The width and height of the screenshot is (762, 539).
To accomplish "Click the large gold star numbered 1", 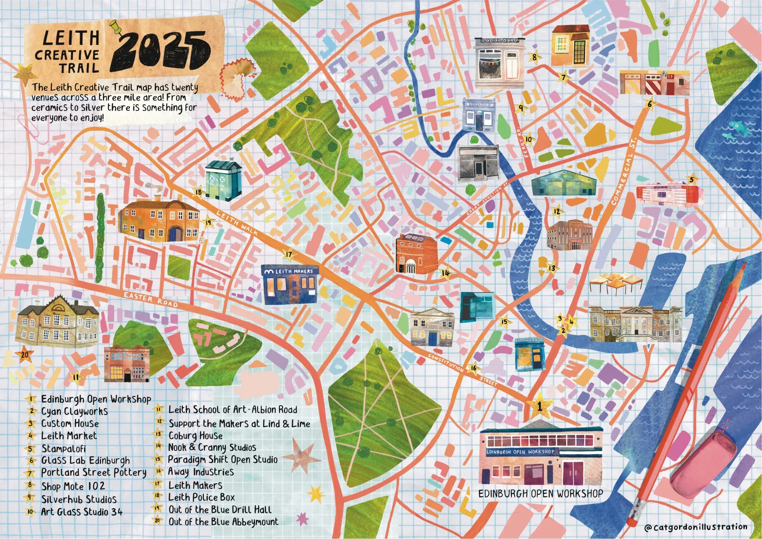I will coord(539,406).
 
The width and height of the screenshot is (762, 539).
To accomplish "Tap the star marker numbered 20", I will coord(25,355).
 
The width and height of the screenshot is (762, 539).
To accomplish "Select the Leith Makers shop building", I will coord(290,285).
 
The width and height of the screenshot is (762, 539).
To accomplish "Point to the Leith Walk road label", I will coord(237,222).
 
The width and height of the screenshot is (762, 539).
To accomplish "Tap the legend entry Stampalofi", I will coord(63,449).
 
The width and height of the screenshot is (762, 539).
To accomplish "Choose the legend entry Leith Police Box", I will coord(201,497).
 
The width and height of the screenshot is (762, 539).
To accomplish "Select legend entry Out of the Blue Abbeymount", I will coord(223,522).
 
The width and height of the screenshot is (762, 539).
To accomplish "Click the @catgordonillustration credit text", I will coord(695,527).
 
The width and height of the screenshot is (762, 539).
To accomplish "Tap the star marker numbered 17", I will coord(289,254).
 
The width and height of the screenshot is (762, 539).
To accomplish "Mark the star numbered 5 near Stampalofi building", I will coord(692,179).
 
